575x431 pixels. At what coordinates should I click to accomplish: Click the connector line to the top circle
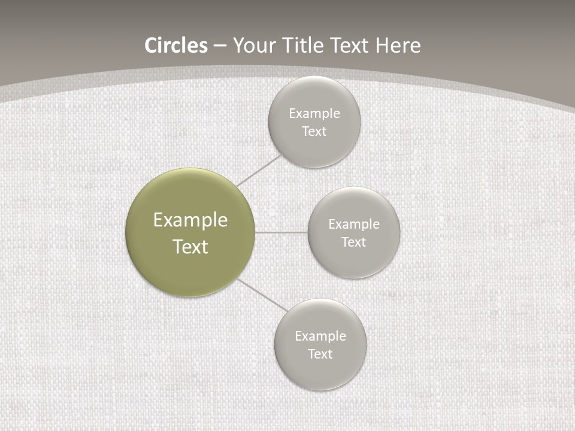(x=259, y=171)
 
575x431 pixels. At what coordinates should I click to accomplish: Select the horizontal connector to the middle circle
(x=282, y=232)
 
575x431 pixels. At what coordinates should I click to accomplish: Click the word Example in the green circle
(x=190, y=220)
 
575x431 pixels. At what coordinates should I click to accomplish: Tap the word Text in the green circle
(x=190, y=247)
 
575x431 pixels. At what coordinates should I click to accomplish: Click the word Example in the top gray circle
(x=314, y=114)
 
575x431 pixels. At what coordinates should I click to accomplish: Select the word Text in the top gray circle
(x=314, y=132)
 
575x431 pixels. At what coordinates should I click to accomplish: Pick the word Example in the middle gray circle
(x=354, y=224)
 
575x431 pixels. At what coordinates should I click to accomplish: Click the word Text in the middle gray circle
(x=353, y=242)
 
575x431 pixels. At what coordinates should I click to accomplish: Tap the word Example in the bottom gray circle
(x=320, y=336)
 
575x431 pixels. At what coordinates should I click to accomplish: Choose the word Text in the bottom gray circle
(x=320, y=354)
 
